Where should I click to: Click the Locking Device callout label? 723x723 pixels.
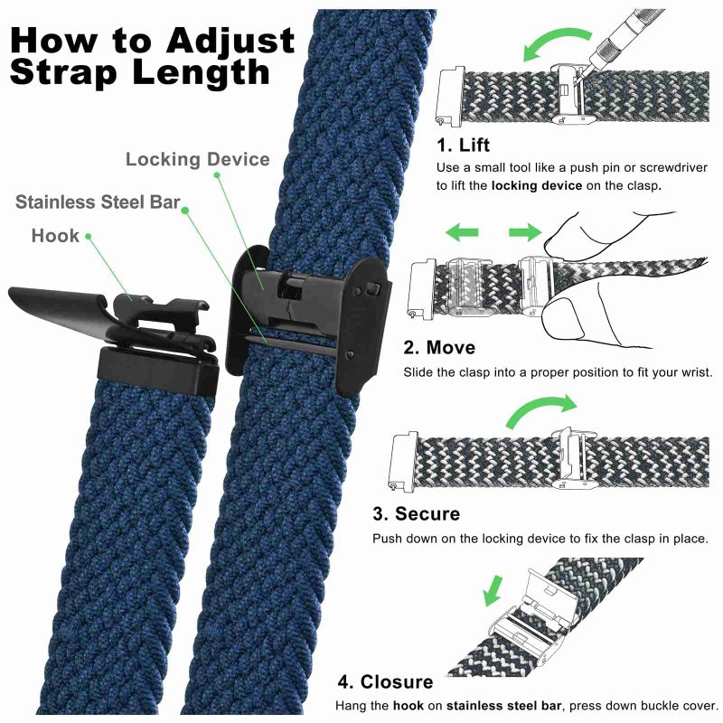point(197,160)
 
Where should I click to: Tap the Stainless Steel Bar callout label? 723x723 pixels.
point(98,202)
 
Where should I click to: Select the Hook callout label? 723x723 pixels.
point(55,236)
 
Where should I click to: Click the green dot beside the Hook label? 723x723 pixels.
point(89,237)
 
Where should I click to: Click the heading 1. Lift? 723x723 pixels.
point(464,146)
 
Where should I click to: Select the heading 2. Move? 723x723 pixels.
point(439,347)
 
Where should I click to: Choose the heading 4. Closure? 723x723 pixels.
point(385,681)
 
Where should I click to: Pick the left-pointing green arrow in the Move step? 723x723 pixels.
point(462,234)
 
